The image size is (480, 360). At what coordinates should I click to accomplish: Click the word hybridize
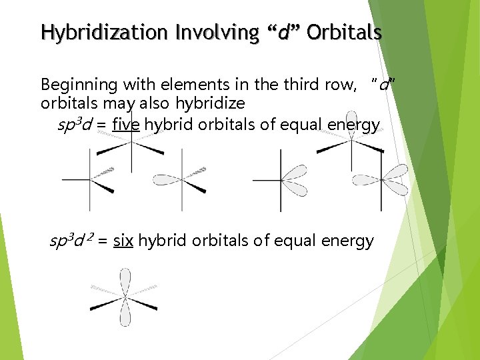[210, 104]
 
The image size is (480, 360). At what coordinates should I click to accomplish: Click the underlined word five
[126, 125]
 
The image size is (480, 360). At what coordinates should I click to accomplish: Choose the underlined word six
[123, 241]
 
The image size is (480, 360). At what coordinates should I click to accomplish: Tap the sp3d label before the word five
[76, 125]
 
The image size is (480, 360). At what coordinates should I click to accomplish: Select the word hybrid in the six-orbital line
[163, 241]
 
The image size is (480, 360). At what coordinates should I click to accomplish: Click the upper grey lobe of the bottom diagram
[125, 280]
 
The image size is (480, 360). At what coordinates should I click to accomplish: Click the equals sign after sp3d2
[103, 241]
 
